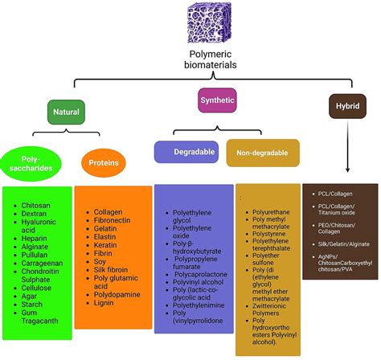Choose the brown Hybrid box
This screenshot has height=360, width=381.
(x=347, y=105)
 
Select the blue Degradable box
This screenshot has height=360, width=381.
(x=188, y=151)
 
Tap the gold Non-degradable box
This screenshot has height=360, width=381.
(x=263, y=151)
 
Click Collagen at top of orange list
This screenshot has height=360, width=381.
(x=109, y=212)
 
